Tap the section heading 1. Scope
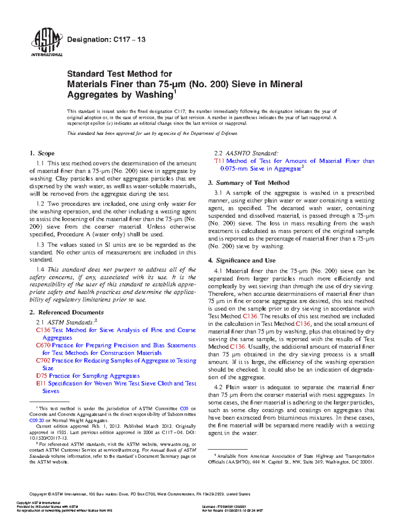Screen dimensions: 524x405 (42, 154)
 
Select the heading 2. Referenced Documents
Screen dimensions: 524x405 (66, 312)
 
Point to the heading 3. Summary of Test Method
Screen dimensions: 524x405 (249, 183)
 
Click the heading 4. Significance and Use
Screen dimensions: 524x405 (242, 260)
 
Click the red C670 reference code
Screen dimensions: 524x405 (43, 346)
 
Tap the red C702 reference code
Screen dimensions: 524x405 (43, 361)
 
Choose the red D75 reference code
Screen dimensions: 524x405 (42, 376)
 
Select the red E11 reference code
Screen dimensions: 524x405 (41, 384)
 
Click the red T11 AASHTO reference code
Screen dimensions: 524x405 (219, 161)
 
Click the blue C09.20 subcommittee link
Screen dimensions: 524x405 (36, 420)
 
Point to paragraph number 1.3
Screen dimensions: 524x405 (40, 245)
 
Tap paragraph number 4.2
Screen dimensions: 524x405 (218, 387)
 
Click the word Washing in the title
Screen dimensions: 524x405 (154, 95)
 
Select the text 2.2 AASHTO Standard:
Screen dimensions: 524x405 (246, 154)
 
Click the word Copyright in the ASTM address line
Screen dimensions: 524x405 (38, 494)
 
